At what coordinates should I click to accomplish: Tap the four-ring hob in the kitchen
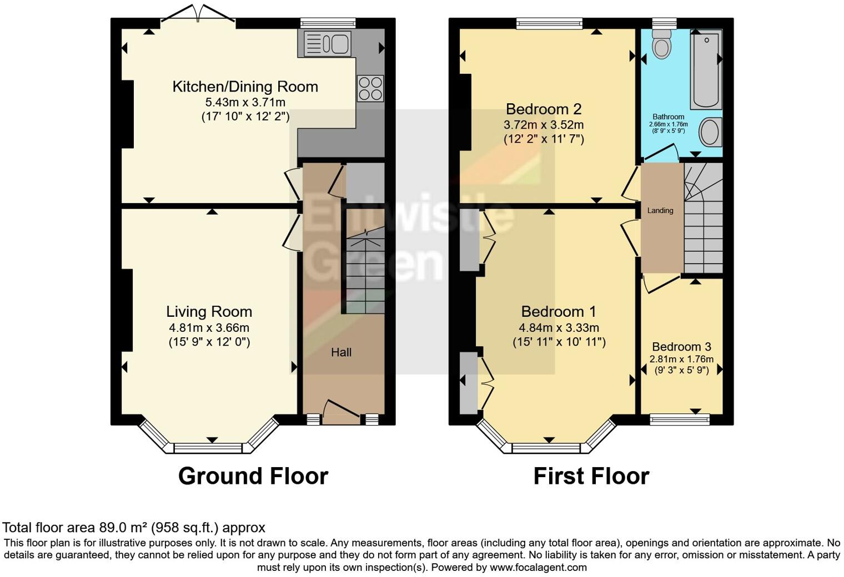coord(370,88)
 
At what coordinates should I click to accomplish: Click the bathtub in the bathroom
coord(706,69)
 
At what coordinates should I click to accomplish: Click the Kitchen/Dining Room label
coord(245,87)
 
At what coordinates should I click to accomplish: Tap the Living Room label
coord(209,312)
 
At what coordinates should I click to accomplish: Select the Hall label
coord(341,352)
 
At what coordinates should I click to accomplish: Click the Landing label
coord(660,211)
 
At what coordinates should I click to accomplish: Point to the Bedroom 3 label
coord(681,347)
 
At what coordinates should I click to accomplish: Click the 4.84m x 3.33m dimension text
coord(559,328)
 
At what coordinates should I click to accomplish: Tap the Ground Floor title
coord(253,476)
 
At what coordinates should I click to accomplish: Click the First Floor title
coord(591,476)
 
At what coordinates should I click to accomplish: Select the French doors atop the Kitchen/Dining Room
coord(198,14)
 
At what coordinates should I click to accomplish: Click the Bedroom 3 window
coord(680,419)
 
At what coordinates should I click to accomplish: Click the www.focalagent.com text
coord(538,568)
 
